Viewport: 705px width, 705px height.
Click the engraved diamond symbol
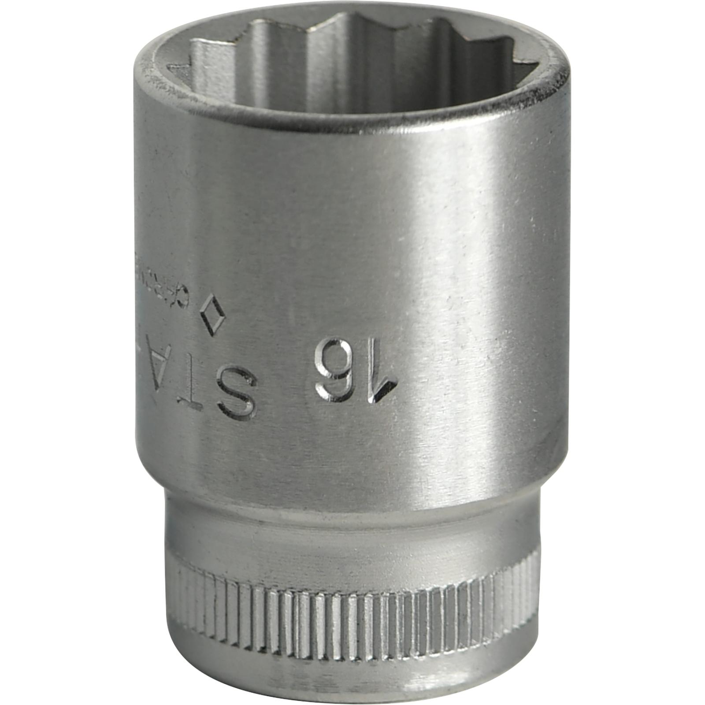212,315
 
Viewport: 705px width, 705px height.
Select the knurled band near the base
352,617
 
